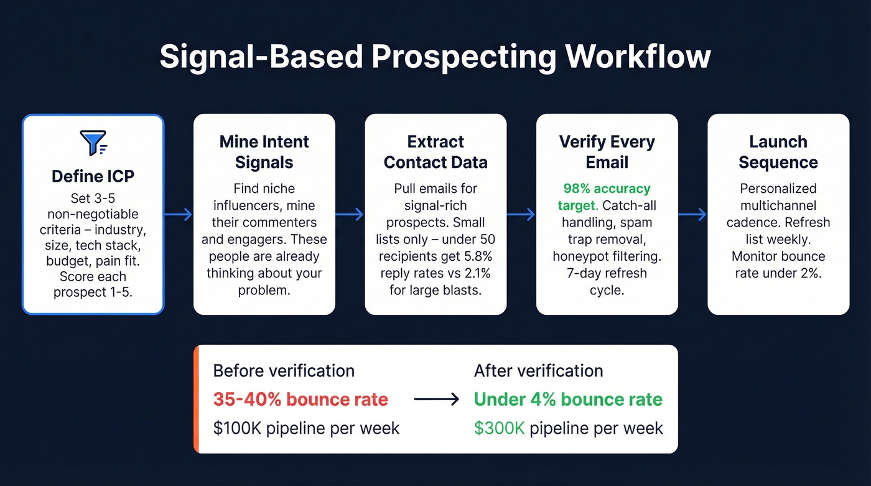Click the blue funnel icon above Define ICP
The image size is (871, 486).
tap(93, 143)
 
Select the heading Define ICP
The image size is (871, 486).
tap(93, 176)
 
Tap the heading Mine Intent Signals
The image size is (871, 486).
tap(264, 152)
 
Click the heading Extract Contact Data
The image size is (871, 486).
tap(435, 152)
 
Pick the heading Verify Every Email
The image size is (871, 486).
tap(607, 152)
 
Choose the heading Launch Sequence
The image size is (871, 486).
tap(778, 152)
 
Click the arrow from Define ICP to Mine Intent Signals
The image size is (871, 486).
tap(179, 215)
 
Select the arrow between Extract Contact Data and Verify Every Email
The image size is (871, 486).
tap(521, 215)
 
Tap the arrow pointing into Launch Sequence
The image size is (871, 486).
tap(692, 215)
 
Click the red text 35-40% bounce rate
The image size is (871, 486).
tap(300, 399)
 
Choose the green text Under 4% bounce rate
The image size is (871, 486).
tap(568, 399)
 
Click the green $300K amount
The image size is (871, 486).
tap(499, 428)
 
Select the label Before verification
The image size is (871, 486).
tap(284, 371)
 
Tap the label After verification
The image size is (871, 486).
tap(538, 371)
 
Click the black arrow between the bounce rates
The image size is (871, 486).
tap(436, 400)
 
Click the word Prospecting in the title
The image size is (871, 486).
tap(463, 57)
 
